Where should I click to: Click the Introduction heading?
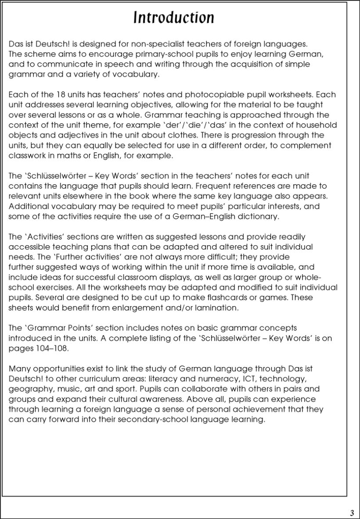click(x=174, y=18)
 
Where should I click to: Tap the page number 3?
click(x=352, y=513)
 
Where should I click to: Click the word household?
click(x=313, y=125)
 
